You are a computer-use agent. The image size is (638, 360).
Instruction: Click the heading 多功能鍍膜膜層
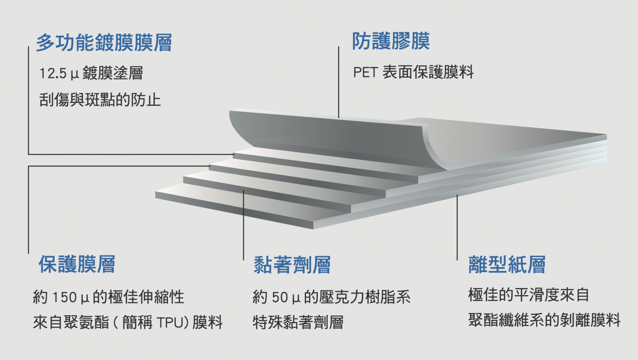tap(104, 43)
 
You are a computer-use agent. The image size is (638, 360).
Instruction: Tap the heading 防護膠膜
tap(391, 41)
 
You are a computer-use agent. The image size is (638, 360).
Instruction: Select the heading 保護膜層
tap(77, 264)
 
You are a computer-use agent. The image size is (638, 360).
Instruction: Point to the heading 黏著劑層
tap(292, 265)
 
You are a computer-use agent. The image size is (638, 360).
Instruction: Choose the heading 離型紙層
tap(507, 264)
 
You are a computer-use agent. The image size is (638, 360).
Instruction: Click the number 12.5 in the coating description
tap(53, 73)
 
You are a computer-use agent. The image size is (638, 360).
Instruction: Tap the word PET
tap(365, 73)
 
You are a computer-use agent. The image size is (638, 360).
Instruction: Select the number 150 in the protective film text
tap(64, 297)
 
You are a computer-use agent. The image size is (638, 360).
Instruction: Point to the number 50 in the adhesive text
tap(280, 297)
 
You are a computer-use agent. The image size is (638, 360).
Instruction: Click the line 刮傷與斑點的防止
tap(100, 100)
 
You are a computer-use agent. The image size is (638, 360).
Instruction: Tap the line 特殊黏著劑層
tap(298, 323)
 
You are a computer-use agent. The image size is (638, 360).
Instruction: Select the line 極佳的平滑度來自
tap(528, 295)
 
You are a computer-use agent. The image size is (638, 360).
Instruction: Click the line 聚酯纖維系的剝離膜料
tap(544, 320)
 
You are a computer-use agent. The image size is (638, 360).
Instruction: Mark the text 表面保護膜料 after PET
tap(428, 73)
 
